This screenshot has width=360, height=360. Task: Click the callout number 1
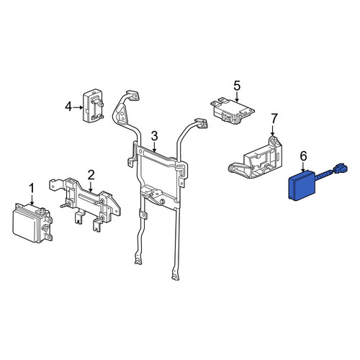click(32, 189)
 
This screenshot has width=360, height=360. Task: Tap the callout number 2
click(91, 175)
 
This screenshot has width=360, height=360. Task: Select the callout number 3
click(154, 136)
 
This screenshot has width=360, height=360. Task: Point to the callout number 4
click(68, 107)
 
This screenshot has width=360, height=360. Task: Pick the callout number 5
click(237, 86)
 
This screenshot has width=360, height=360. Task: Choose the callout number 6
click(303, 156)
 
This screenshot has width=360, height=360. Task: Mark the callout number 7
click(274, 119)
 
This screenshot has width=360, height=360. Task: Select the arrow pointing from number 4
click(78, 107)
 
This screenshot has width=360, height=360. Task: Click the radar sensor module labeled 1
click(32, 223)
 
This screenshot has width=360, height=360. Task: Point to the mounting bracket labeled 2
click(85, 203)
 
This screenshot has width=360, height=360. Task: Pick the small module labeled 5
click(233, 112)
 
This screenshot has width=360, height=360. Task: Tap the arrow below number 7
click(273, 130)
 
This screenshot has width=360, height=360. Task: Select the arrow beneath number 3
click(155, 147)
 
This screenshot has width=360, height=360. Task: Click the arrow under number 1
click(32, 199)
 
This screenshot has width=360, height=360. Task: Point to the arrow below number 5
click(237, 96)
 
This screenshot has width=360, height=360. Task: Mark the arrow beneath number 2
click(91, 186)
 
